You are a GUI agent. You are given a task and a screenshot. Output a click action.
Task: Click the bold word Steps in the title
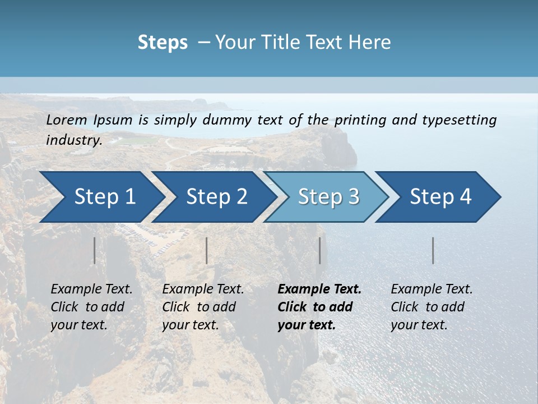point(163,43)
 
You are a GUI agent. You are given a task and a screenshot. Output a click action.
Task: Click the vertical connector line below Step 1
point(95,250)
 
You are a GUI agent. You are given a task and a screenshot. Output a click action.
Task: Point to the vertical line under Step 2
point(207,250)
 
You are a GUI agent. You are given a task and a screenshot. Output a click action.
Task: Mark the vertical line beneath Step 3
point(319,250)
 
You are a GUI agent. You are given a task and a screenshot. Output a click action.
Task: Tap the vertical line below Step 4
point(433,250)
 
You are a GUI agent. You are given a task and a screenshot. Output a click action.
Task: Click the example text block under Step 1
point(91,307)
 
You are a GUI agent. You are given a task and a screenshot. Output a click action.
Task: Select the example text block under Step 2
point(203,307)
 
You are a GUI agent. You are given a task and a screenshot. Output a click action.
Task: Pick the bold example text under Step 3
point(319,307)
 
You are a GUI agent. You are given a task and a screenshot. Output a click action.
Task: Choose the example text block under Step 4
point(432,307)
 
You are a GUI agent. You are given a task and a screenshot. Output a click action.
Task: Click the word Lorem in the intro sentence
point(67,120)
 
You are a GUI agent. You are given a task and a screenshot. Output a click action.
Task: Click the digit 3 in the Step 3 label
point(353,197)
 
